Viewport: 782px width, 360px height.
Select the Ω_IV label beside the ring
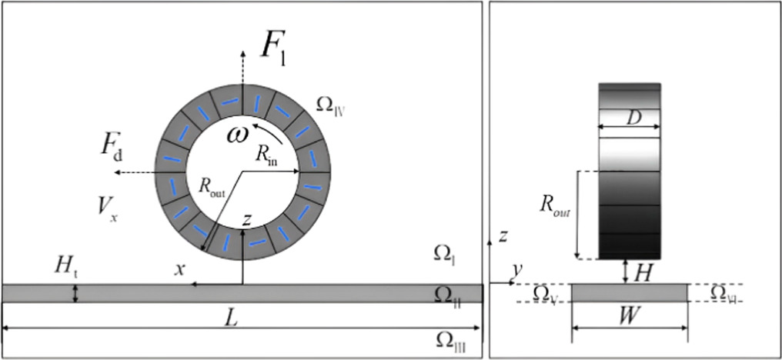(331, 105)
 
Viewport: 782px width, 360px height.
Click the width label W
(630, 317)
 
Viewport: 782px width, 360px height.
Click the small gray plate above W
(630, 292)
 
